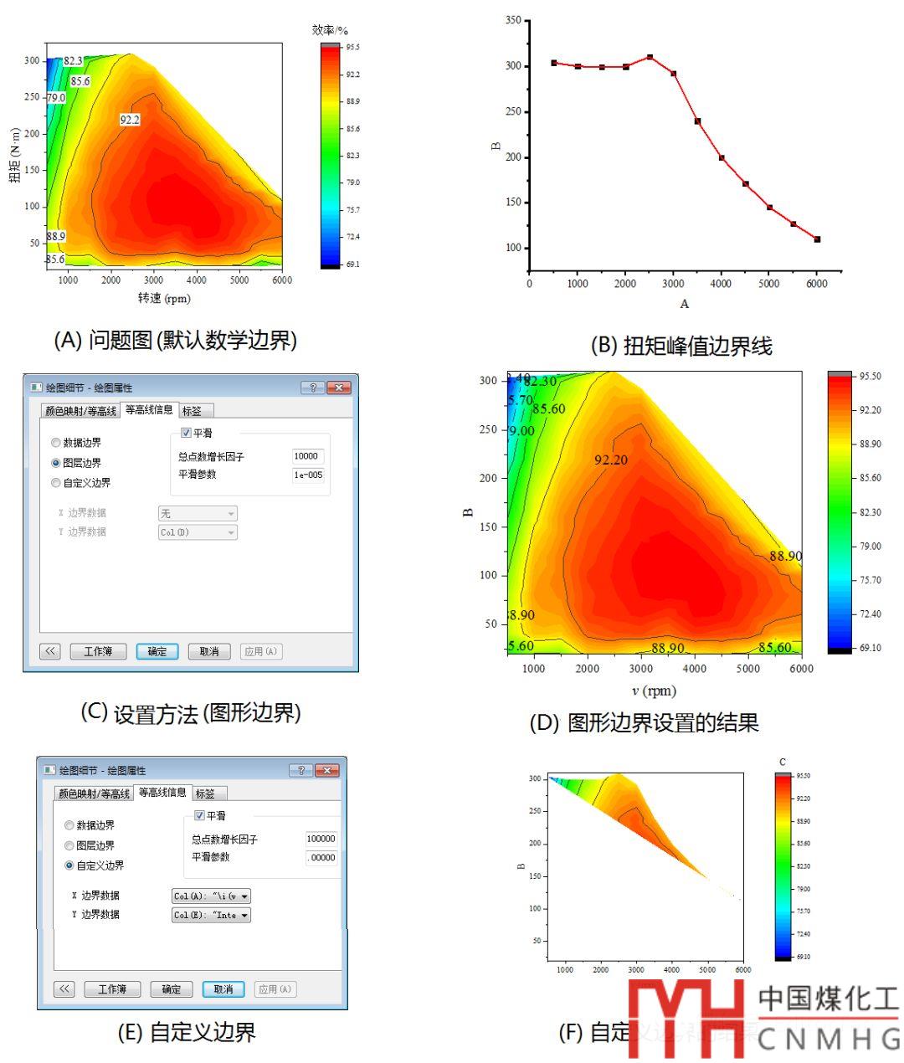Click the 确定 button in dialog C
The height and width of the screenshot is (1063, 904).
click(x=157, y=651)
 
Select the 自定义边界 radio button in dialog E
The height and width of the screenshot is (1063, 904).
click(x=69, y=865)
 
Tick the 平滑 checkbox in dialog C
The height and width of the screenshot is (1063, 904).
click(x=186, y=433)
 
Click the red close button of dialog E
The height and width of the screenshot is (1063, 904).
click(x=326, y=770)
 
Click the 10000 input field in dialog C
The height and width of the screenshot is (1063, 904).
click(x=307, y=456)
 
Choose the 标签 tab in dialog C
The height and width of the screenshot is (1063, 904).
click(x=192, y=410)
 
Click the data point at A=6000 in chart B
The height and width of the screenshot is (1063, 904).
click(x=817, y=239)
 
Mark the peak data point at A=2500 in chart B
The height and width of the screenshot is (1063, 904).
click(x=650, y=57)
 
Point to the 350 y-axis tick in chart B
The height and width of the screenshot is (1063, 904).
click(x=513, y=20)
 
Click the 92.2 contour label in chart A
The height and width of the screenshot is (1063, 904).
click(x=130, y=120)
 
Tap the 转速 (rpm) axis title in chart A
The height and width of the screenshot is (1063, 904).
click(x=164, y=298)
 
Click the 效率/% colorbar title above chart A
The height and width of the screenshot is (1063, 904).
click(x=330, y=30)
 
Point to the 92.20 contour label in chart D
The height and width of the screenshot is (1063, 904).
click(x=610, y=460)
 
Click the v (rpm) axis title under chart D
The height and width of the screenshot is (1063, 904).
click(x=654, y=691)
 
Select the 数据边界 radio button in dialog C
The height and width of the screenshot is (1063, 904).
click(x=56, y=443)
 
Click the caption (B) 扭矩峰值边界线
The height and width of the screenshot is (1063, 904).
click(x=681, y=345)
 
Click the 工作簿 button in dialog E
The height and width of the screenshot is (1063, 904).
click(x=112, y=989)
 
